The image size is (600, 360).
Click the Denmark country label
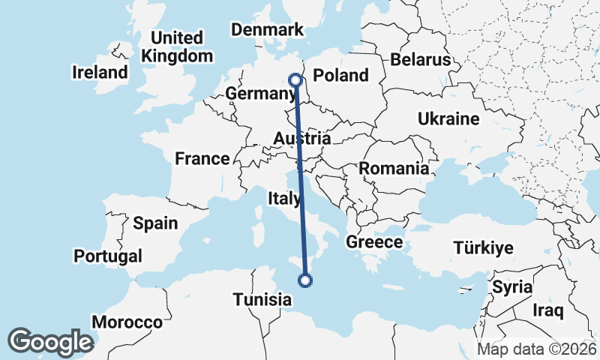[267, 30]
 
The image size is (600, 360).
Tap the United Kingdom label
[177, 46]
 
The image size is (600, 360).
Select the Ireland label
[100, 73]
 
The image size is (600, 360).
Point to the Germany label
[259, 94]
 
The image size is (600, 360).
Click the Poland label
[341, 75]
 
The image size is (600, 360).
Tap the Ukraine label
[448, 119]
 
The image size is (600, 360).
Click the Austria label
[301, 139]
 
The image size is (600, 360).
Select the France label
[202, 159]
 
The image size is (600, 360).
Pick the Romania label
[394, 169]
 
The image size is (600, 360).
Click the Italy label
[285, 199]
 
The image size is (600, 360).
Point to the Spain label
[155, 223]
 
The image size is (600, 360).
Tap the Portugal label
[108, 256]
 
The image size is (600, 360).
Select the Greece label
[374, 242]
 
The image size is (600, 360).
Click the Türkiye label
[483, 248]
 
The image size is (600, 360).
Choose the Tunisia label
[262, 300]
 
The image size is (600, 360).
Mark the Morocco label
[127, 322]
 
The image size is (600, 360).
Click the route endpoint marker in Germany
[295, 79]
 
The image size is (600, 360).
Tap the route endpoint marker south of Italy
[305, 280]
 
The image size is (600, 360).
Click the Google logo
[50, 341]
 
